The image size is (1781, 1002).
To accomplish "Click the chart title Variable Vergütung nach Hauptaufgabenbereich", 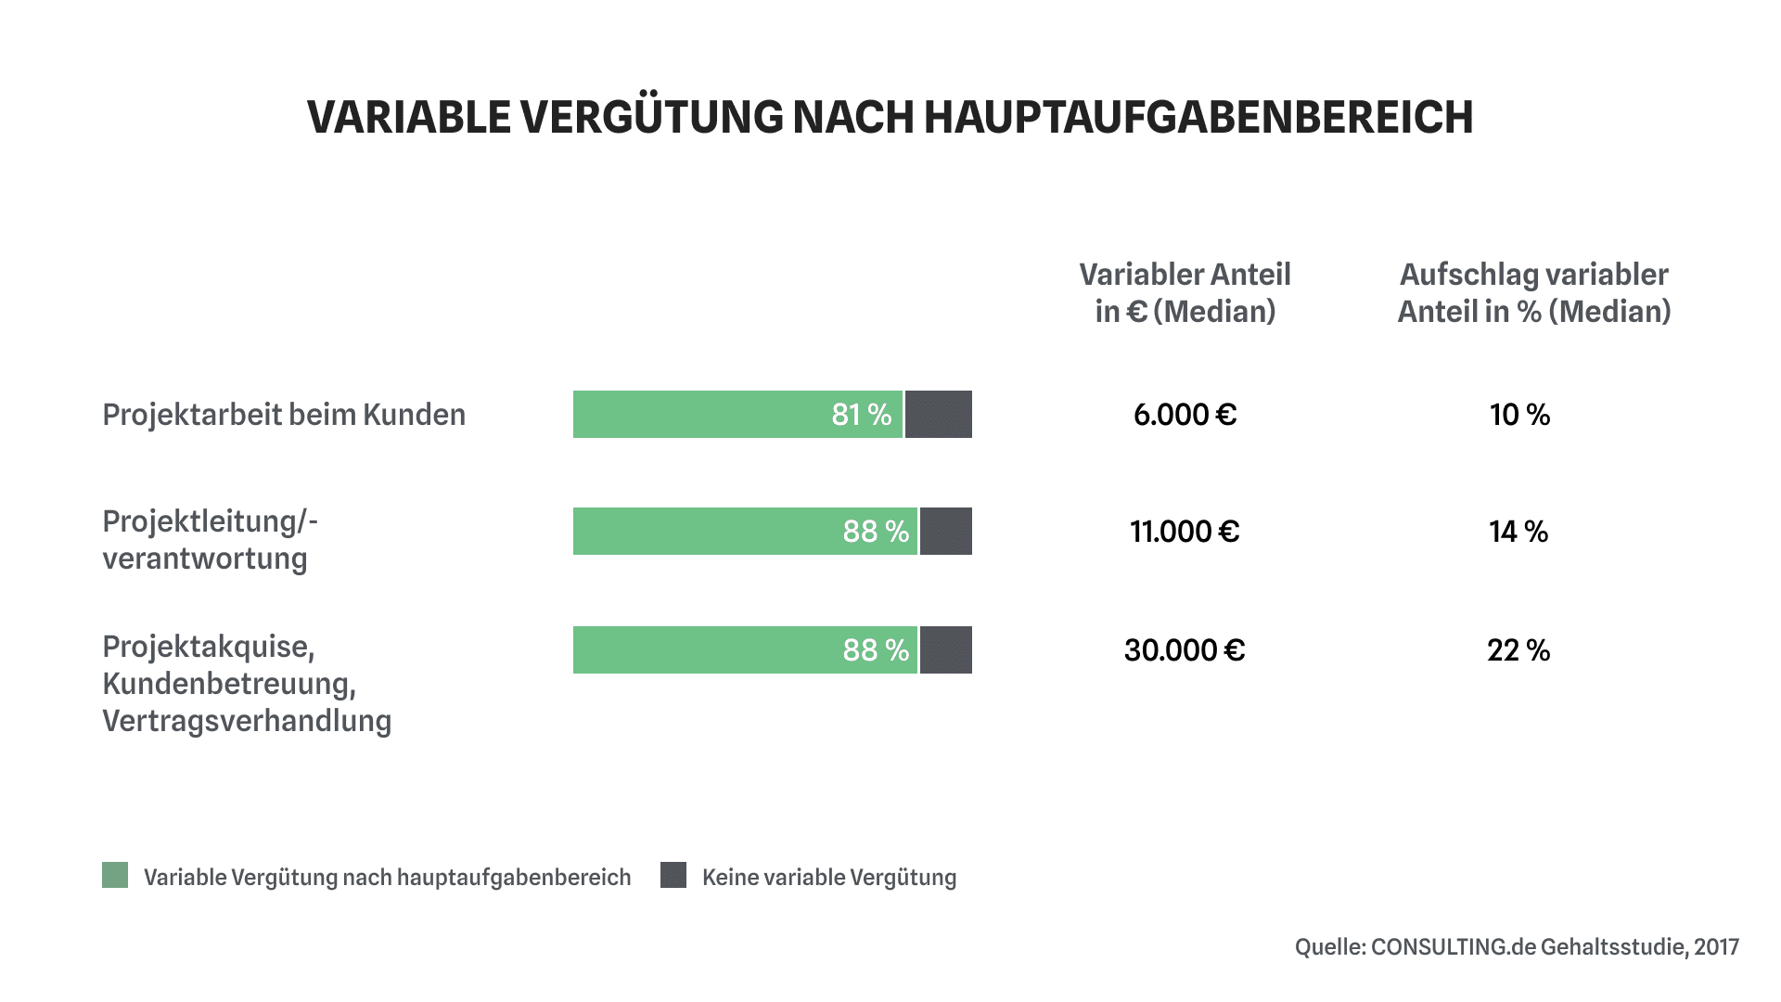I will (x=890, y=118).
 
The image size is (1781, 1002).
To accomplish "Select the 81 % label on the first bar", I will (x=861, y=415).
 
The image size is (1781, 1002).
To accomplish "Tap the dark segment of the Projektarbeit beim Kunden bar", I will (x=938, y=415).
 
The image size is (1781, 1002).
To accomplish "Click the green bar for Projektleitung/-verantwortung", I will (x=705, y=532).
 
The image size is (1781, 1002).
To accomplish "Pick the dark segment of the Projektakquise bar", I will (x=945, y=650).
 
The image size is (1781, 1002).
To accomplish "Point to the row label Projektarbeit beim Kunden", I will (x=284, y=415).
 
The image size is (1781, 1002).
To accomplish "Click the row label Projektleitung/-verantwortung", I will (x=210, y=540).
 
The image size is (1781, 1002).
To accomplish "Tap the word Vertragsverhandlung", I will (x=247, y=721).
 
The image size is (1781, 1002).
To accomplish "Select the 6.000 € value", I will (x=1185, y=415).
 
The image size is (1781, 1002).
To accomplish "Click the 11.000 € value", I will (x=1185, y=532).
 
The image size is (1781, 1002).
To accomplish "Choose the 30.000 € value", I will (x=1185, y=650).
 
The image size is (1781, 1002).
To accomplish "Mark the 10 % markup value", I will (x=1519, y=415).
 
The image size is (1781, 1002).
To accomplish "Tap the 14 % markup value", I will (x=1518, y=532).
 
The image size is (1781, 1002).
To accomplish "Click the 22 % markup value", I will (x=1518, y=650).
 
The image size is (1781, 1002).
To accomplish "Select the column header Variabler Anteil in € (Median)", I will (x=1185, y=293).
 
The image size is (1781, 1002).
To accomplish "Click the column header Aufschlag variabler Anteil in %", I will (x=1533, y=293).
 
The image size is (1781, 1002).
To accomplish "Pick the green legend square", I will (x=115, y=875).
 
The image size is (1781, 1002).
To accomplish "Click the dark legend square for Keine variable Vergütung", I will (x=673, y=875).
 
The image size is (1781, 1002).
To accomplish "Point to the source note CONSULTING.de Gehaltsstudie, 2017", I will (x=1517, y=947).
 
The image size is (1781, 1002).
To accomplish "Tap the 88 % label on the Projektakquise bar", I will (x=876, y=650).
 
